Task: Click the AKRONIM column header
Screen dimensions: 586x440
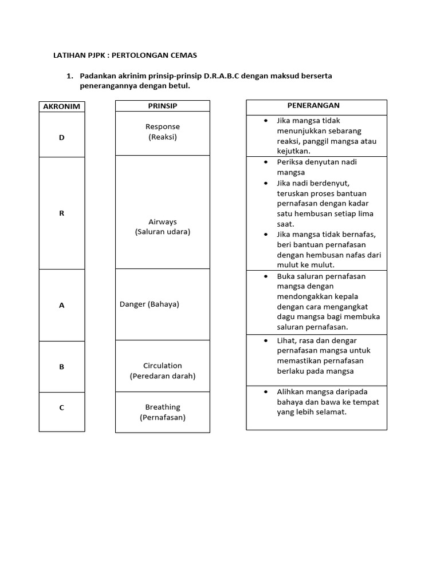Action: [x=62, y=106]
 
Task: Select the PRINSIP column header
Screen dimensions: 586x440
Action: [x=162, y=106]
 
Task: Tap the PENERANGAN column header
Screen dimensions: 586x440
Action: [x=313, y=105]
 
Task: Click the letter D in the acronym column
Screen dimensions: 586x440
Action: [x=62, y=138]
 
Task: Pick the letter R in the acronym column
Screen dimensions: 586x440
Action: [x=62, y=213]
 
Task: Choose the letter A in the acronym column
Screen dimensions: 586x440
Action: [x=62, y=306]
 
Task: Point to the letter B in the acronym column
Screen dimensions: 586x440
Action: [x=62, y=367]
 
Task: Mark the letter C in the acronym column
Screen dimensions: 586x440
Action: [x=62, y=407]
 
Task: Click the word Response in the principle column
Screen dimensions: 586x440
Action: [x=163, y=126]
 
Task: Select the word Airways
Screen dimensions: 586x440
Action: [x=163, y=221]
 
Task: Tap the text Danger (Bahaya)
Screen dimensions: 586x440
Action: [x=150, y=304]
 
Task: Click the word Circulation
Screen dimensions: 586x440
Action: [x=163, y=365]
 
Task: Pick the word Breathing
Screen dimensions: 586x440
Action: [x=163, y=407]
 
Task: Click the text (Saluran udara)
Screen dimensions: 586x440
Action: [x=163, y=232]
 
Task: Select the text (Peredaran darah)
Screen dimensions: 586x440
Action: [x=163, y=376]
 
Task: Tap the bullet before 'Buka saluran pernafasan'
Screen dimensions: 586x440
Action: [x=266, y=276]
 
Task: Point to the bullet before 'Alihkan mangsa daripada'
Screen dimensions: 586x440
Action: [x=266, y=391]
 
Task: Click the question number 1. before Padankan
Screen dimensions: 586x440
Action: [x=70, y=76]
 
